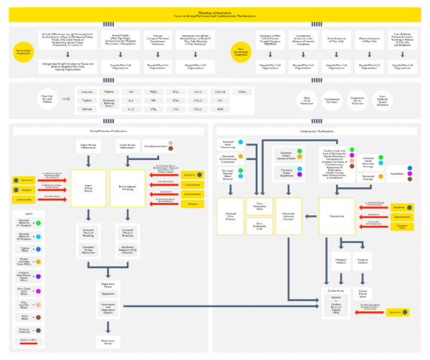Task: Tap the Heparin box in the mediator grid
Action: (x=110, y=92)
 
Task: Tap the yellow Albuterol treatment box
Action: (x=191, y=204)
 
